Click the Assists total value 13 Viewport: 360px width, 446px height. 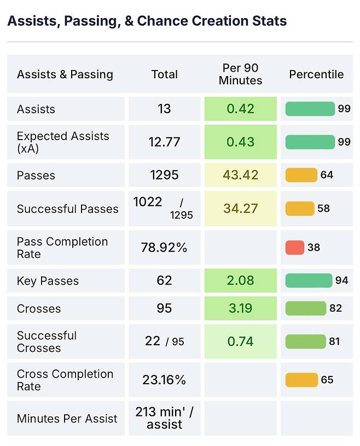pyautogui.click(x=164, y=109)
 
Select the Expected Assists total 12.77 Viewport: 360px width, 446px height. pyautogui.click(x=164, y=142)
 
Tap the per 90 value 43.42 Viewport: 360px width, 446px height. pyautogui.click(x=240, y=175)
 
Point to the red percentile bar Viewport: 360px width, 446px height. pyautogui.click(x=294, y=247)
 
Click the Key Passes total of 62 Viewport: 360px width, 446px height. pyautogui.click(x=164, y=281)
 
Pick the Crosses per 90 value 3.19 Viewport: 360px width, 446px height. pyautogui.click(x=240, y=308)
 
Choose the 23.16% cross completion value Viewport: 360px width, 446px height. pyautogui.click(x=164, y=380)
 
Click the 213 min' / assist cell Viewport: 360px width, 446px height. pyautogui.click(x=164, y=418)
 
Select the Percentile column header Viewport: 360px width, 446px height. pyautogui.click(x=316, y=74)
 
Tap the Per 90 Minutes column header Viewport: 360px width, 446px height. pyautogui.click(x=240, y=74)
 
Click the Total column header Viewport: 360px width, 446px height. pyautogui.click(x=164, y=74)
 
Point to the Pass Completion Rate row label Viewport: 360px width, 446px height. pyautogui.click(x=62, y=248)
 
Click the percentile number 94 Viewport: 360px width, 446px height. pyautogui.click(x=341, y=281)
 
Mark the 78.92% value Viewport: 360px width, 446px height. pyautogui.click(x=164, y=248)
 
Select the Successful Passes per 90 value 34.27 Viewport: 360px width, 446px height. pyautogui.click(x=240, y=208)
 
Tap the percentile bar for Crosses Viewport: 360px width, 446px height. pyautogui.click(x=305, y=308)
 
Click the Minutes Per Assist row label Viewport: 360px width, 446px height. pyautogui.click(x=67, y=419)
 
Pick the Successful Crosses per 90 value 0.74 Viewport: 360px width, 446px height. pyautogui.click(x=240, y=341)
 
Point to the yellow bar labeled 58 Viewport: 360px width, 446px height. pyautogui.click(x=300, y=208)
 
